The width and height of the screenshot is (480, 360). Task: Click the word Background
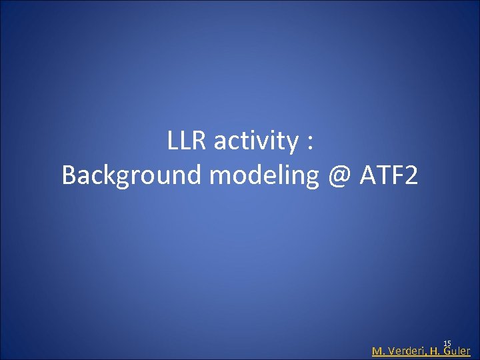click(132, 176)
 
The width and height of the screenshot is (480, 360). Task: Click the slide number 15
click(447, 342)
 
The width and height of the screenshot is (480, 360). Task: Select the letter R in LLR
click(199, 141)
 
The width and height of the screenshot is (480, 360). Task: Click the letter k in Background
click(111, 175)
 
